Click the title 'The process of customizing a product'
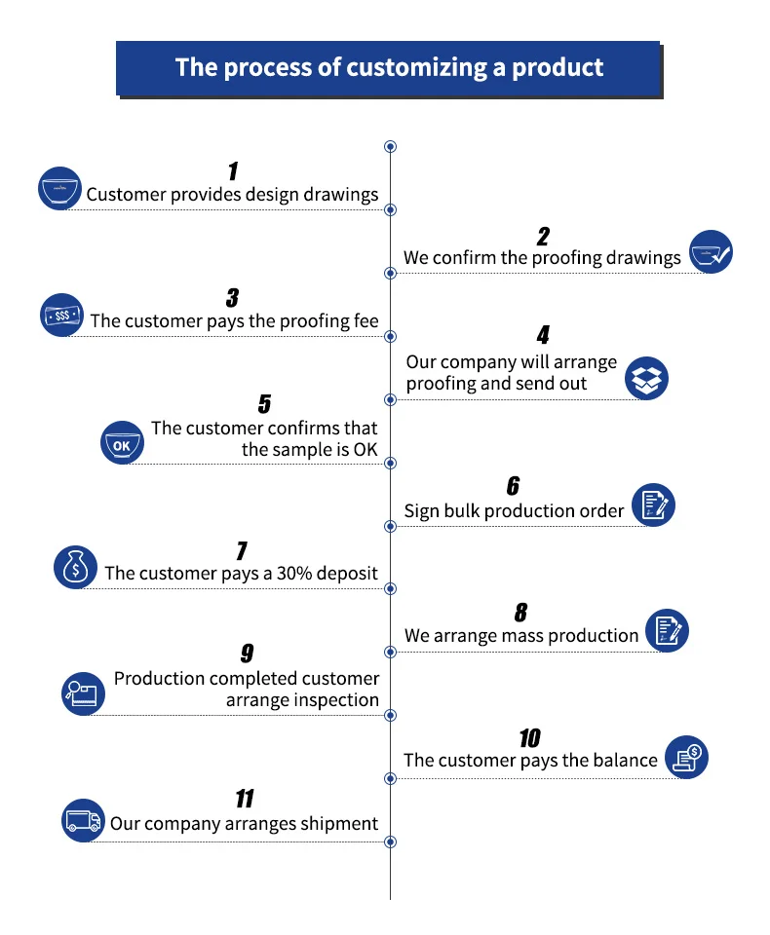point(389,67)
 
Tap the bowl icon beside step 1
point(59,188)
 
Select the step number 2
point(543,236)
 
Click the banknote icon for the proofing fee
point(61,315)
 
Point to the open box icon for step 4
point(646,378)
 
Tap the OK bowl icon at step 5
point(122,443)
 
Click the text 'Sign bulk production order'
point(514,511)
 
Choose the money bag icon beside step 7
point(75,568)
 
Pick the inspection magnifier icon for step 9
point(83,692)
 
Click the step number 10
point(529,737)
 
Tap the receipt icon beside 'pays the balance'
point(687,756)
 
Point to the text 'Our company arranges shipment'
point(244,824)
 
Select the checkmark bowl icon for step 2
point(711,251)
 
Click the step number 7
point(241,551)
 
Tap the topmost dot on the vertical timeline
point(391,147)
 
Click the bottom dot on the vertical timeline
point(391,841)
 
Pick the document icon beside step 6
point(654,505)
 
